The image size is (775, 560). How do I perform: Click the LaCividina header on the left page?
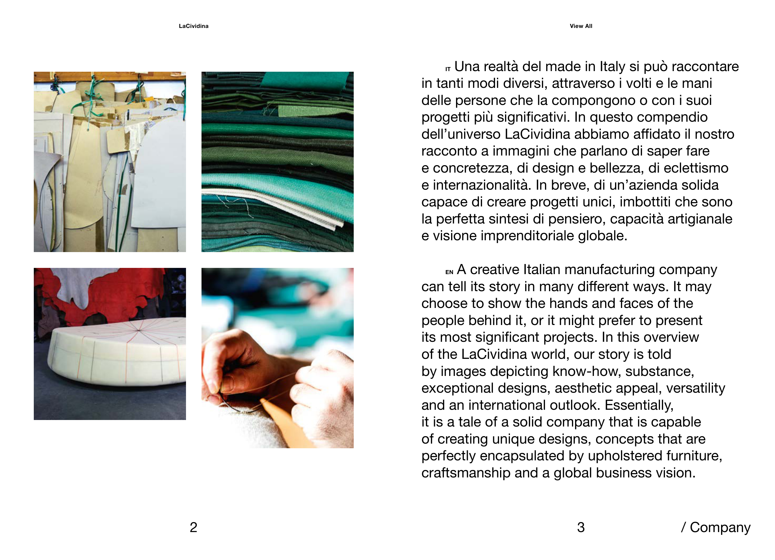coord(193,26)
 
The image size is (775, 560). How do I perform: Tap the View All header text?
coord(581,26)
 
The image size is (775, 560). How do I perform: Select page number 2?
coord(193,527)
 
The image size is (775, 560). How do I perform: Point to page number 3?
coord(581,527)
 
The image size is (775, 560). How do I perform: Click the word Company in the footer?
coord(720,528)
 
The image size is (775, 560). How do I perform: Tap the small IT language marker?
coord(448,69)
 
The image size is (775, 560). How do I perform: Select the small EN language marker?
coord(449,272)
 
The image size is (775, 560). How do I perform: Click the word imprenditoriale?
coord(527,236)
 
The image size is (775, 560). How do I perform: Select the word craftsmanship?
coord(466,473)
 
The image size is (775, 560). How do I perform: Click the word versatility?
coord(695,388)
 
